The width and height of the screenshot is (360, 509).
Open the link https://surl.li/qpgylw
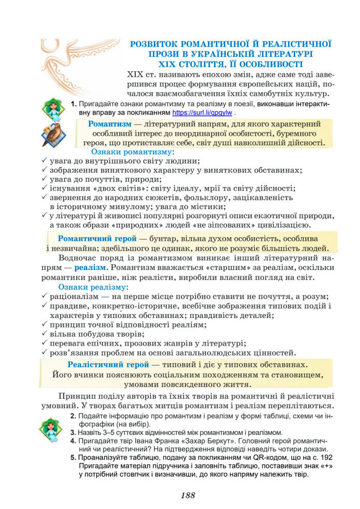click(202, 112)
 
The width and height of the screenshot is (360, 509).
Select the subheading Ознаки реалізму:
click(93, 286)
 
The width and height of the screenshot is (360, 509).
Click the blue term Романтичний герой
click(97, 239)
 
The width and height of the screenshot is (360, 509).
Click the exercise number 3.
click(73, 432)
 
